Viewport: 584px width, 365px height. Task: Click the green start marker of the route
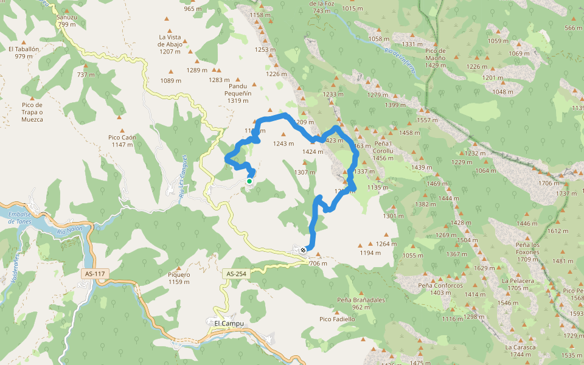coord(249,181)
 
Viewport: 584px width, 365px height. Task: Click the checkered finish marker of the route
coord(303,249)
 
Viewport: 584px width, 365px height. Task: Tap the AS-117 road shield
coord(94,274)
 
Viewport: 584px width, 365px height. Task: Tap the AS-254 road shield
coord(235,274)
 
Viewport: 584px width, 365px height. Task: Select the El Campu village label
coord(229,323)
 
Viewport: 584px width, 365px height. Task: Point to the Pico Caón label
coord(122,137)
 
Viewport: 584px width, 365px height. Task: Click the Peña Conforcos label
coord(440,285)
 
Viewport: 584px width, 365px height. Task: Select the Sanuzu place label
coord(66,17)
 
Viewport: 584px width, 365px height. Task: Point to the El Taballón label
coord(24,49)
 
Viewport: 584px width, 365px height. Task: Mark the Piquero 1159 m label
coord(179,278)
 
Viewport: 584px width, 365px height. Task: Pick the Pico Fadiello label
coord(337,319)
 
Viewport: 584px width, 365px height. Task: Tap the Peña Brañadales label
coord(361,300)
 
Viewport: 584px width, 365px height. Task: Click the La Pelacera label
coord(518,280)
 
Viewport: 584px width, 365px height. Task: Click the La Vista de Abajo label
coord(171,44)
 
